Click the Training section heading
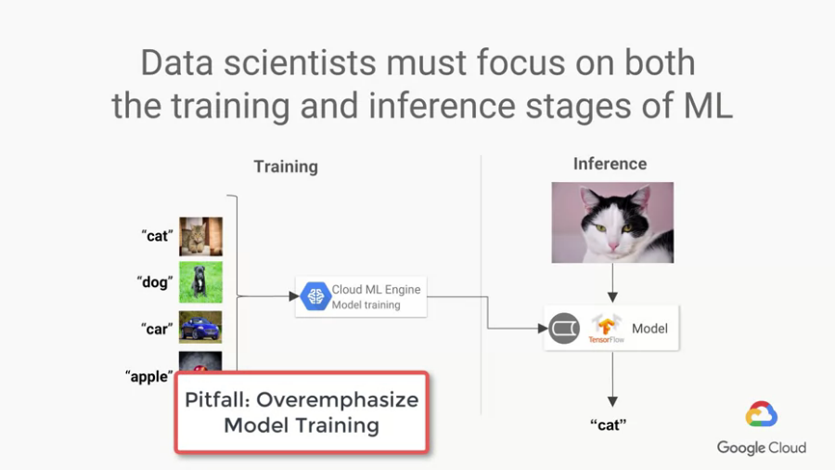(286, 167)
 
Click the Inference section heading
(610, 164)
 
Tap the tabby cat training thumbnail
(200, 237)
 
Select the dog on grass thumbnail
(200, 281)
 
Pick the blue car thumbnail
(200, 327)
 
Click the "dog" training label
(155, 281)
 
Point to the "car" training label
(157, 329)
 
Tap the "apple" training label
(149, 377)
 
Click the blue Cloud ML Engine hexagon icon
(315, 296)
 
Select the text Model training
(366, 305)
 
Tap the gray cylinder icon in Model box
(564, 328)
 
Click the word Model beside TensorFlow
(649, 329)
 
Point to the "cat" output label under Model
(608, 424)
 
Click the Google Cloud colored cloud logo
(762, 414)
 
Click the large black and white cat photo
(612, 222)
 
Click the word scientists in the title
(300, 63)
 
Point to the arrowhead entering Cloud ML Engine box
(294, 296)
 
